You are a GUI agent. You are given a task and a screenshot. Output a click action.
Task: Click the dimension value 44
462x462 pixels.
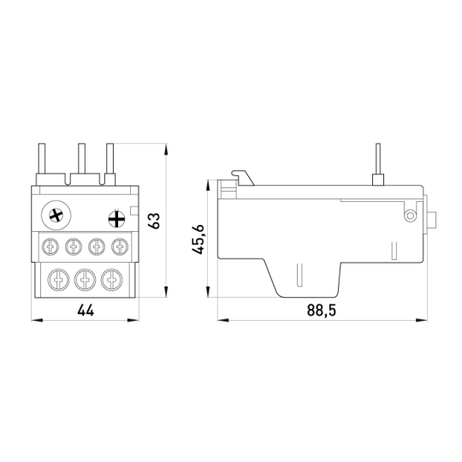86,311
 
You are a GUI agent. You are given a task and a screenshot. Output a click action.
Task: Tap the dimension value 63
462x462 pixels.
154,221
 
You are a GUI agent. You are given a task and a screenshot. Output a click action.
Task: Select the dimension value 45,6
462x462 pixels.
198,240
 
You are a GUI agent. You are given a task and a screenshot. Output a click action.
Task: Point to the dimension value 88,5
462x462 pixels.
321,311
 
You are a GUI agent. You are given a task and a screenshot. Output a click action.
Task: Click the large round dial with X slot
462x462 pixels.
56,216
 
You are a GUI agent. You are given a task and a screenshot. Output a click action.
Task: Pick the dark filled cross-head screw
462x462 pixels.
116,219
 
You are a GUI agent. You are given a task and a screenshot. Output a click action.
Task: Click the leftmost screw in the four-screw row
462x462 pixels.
50,246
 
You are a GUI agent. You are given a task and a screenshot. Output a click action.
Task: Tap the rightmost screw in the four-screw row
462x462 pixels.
120,246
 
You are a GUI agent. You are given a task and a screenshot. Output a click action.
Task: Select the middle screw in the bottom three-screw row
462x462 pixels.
85,280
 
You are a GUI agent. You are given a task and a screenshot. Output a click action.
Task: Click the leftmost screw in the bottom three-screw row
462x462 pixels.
59,280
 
